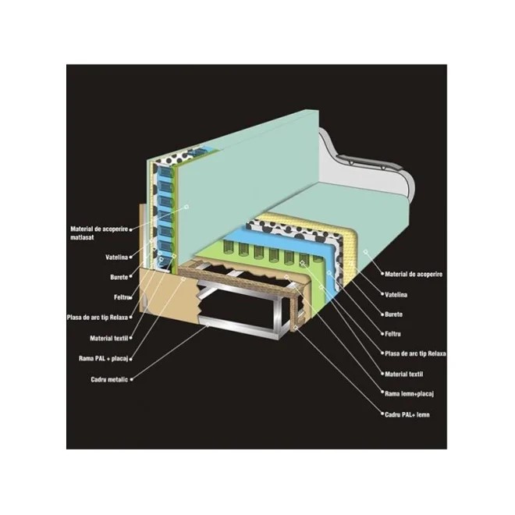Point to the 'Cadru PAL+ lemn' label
coord(407,414)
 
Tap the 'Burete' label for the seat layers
coord(398,314)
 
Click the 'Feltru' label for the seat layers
coord(397,334)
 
